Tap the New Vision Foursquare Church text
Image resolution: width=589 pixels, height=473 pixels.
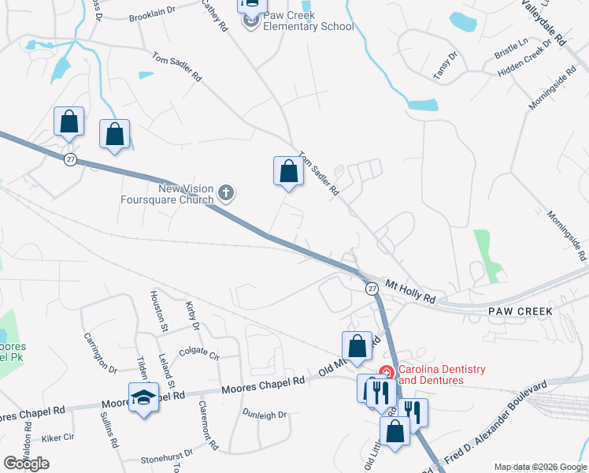click(186, 194)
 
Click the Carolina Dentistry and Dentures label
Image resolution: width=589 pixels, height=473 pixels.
click(441, 374)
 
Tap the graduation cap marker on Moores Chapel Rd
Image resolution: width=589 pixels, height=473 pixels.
click(143, 397)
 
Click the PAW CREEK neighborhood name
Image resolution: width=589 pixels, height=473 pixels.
click(519, 311)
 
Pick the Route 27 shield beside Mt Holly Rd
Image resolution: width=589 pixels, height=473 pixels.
click(372, 289)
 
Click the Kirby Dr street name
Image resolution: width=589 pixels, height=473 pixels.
click(191, 315)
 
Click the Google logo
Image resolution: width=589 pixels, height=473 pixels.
click(26, 463)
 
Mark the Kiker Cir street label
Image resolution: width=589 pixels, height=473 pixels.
click(57, 437)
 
